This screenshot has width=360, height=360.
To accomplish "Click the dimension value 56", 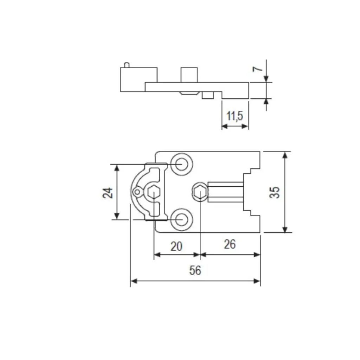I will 195,271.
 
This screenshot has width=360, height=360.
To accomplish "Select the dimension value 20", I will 176,246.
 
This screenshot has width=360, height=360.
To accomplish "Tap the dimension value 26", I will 230,244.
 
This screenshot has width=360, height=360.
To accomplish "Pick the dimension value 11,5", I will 235,116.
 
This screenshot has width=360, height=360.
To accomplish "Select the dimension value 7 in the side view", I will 258,68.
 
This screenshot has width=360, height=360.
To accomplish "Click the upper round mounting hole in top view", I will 181,164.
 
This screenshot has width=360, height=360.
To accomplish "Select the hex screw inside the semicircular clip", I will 153,192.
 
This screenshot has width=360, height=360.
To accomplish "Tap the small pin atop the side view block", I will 127,65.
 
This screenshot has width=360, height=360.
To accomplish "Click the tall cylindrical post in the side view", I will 189,75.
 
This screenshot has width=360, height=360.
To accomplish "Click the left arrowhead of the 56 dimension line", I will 133,281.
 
